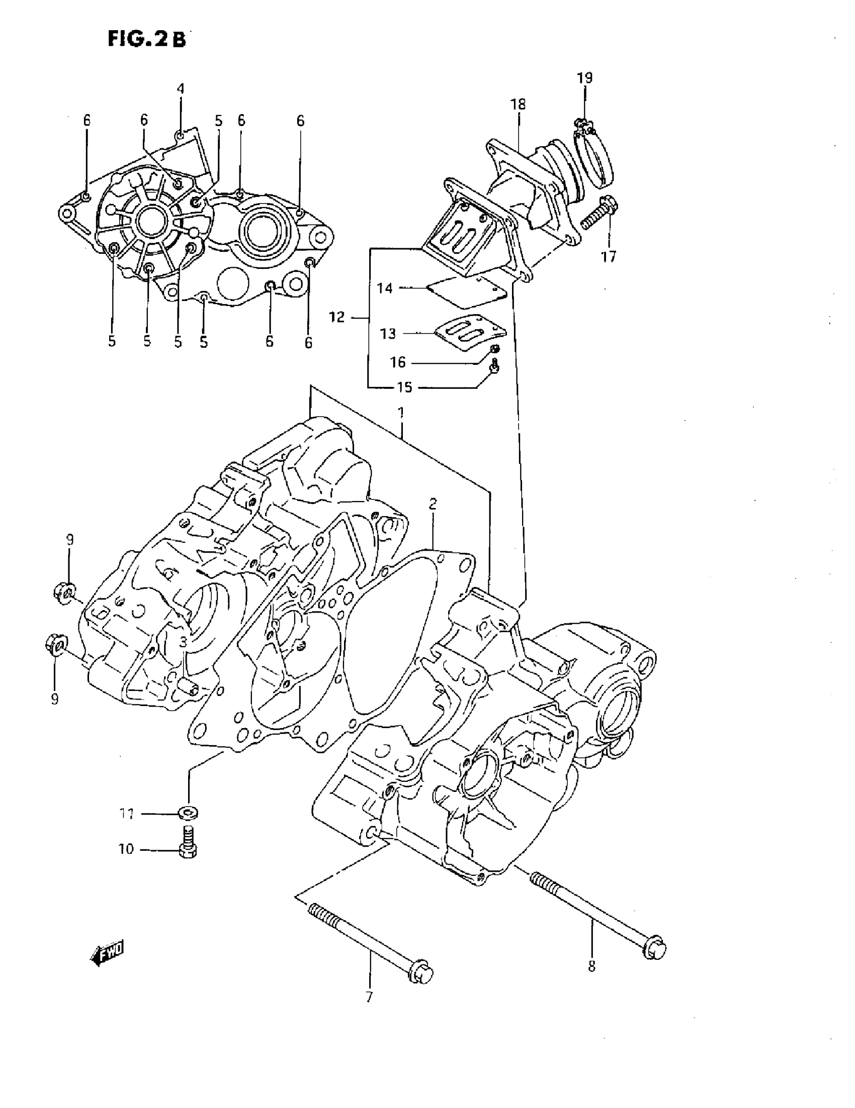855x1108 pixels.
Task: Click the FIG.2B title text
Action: (147, 39)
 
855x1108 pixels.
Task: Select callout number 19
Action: (584, 78)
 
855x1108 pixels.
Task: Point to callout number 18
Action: (518, 105)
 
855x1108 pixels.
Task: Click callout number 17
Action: (608, 257)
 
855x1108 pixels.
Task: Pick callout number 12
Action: (337, 318)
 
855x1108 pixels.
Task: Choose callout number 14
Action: (385, 288)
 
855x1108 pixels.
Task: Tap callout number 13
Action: (388, 334)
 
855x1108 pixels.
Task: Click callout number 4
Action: (180, 89)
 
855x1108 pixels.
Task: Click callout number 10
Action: (126, 849)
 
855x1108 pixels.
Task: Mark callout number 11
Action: (126, 814)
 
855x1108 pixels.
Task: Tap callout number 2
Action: (433, 504)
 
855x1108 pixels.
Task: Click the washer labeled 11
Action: (189, 813)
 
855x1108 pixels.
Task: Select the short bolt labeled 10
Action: (189, 842)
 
